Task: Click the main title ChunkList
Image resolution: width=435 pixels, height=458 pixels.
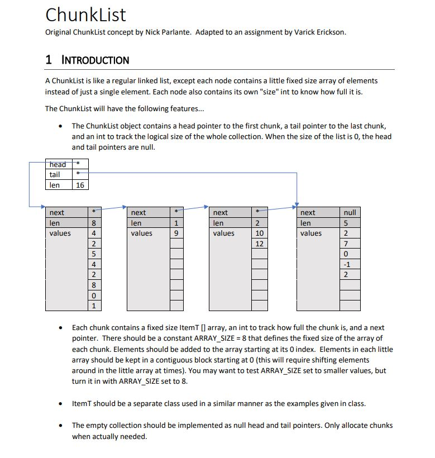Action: pyautogui.click(x=85, y=15)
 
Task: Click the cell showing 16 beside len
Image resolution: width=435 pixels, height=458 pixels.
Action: pyautogui.click(x=80, y=185)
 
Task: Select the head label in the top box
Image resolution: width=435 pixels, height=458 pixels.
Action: pyautogui.click(x=58, y=165)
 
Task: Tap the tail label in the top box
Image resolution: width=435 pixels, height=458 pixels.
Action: pyautogui.click(x=55, y=175)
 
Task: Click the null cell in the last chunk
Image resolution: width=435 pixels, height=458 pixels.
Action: pyautogui.click(x=350, y=212)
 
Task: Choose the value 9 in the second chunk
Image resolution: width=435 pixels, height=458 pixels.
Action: pyautogui.click(x=176, y=233)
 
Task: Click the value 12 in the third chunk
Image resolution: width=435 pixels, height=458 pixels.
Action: pyautogui.click(x=259, y=244)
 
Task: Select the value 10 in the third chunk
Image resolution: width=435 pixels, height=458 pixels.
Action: pyautogui.click(x=259, y=233)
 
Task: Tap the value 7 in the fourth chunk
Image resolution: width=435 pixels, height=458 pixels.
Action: pyautogui.click(x=347, y=244)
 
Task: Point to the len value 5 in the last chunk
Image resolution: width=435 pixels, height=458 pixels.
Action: pyautogui.click(x=347, y=223)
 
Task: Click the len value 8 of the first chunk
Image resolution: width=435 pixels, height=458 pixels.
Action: pyautogui.click(x=94, y=223)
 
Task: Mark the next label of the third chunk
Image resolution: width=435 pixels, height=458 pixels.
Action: pyautogui.click(x=221, y=212)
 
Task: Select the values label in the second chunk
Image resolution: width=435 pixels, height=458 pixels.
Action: pyautogui.click(x=141, y=233)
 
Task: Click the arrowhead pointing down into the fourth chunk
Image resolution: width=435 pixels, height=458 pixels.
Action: pyautogui.click(x=297, y=203)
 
